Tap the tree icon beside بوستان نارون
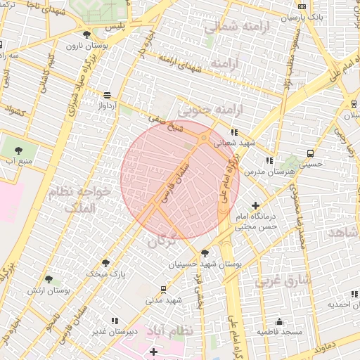point(86,34)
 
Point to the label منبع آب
point(19,161)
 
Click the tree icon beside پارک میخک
point(105,262)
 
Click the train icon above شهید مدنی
point(164,288)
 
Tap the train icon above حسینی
point(310,153)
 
